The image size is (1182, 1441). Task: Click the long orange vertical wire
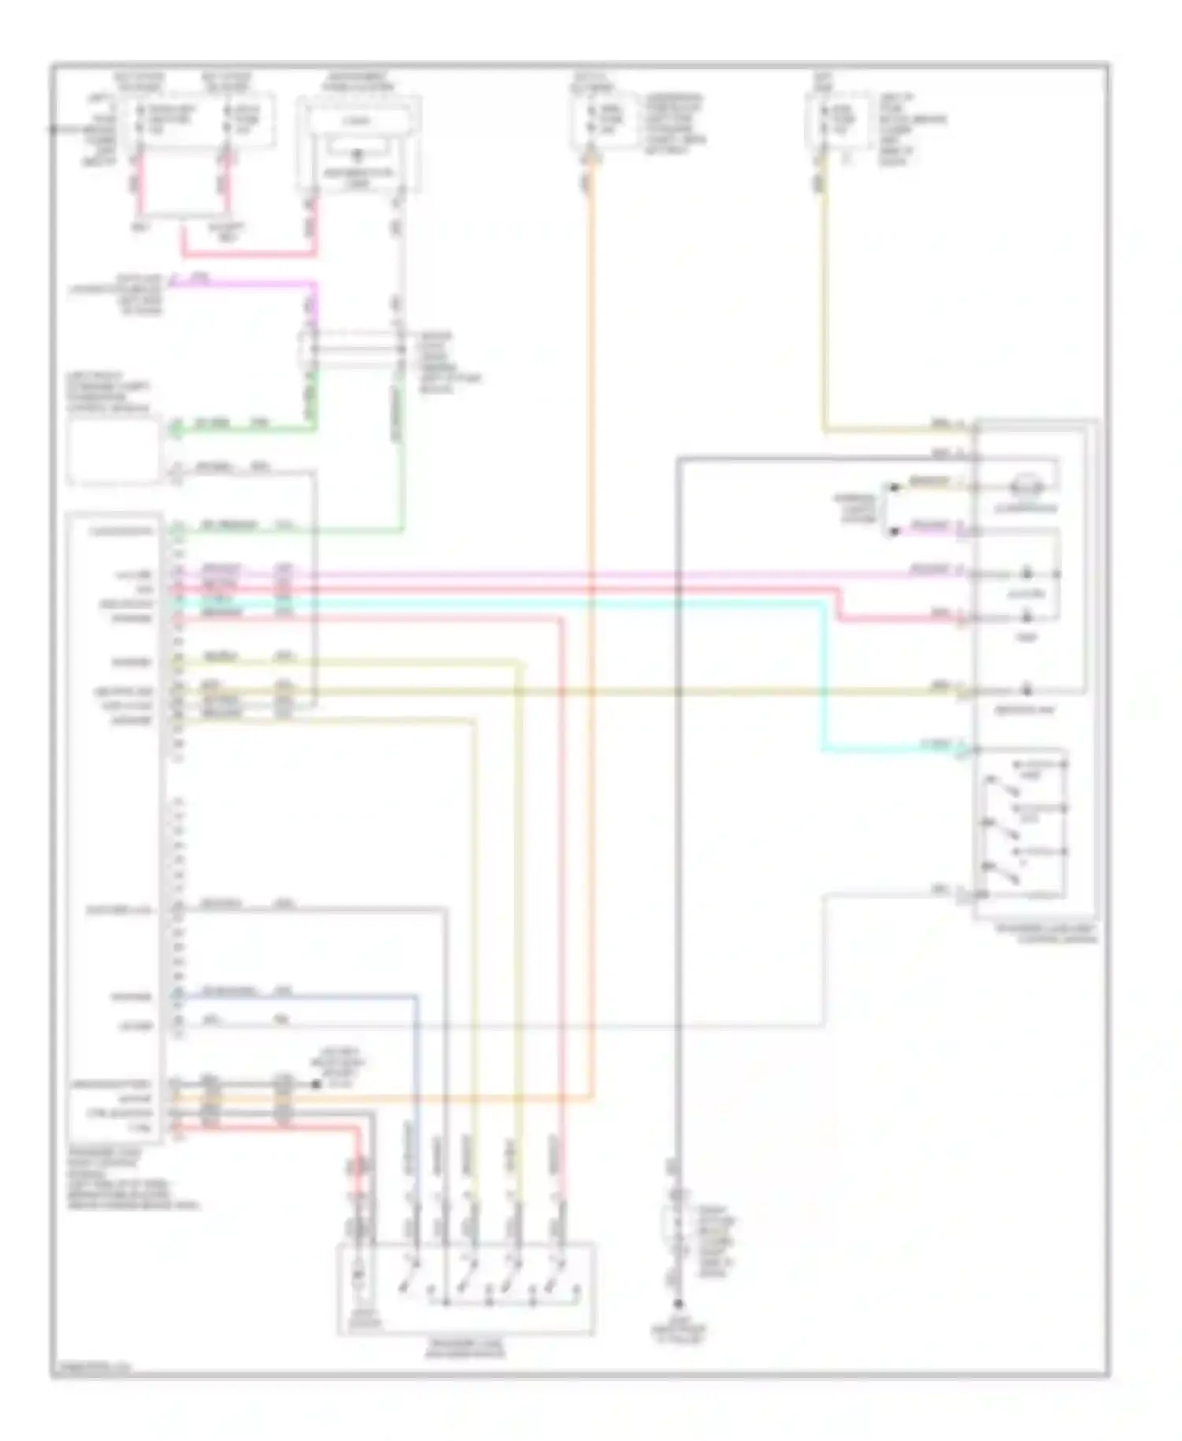coord(590,631)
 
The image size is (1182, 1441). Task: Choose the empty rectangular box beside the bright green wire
coord(114,452)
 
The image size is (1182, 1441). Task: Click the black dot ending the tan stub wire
coord(894,487)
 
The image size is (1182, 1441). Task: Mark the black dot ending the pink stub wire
coord(894,531)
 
